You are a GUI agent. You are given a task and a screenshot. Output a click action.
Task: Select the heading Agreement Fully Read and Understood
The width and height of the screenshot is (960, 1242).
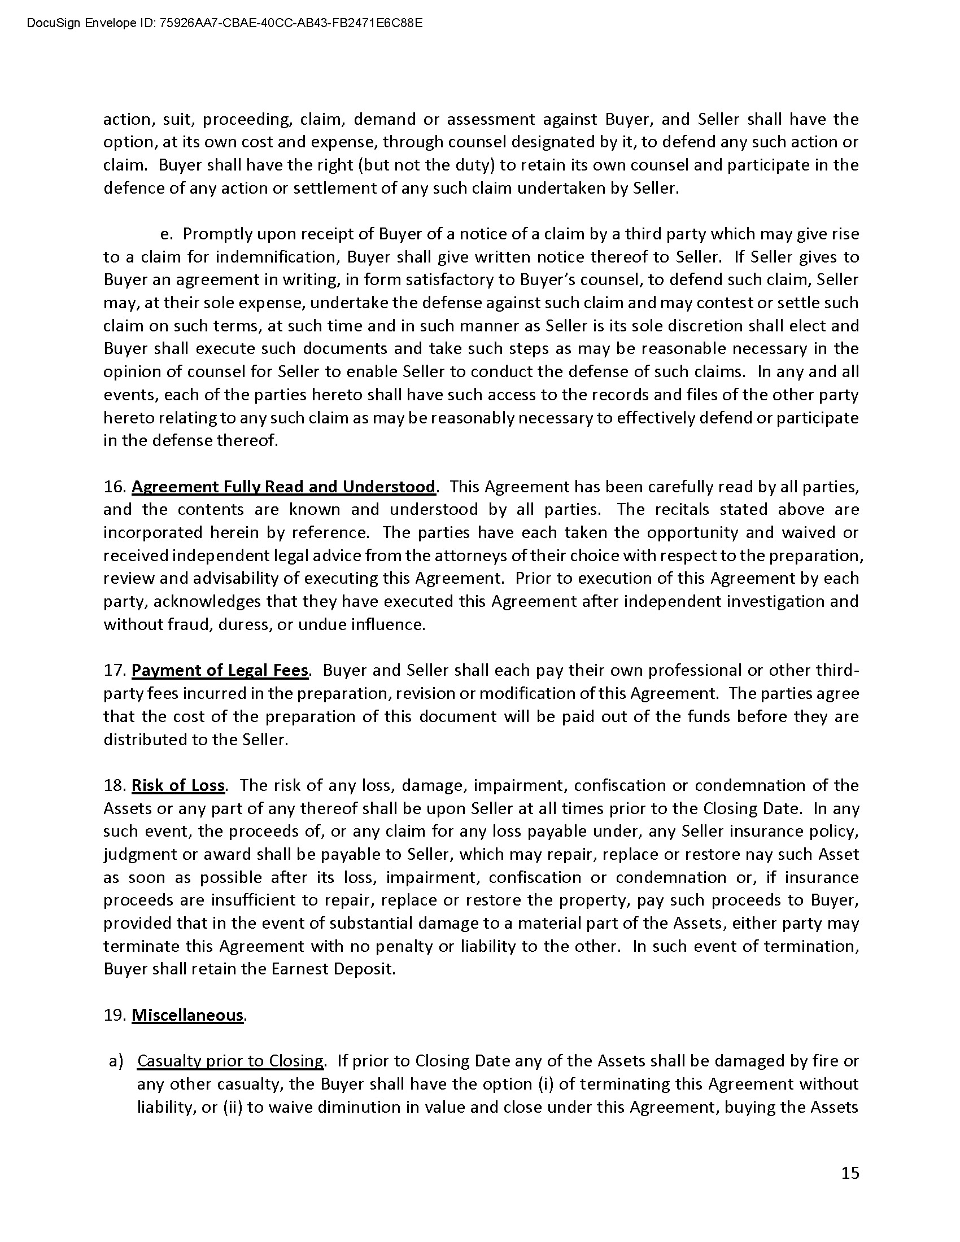[x=283, y=487]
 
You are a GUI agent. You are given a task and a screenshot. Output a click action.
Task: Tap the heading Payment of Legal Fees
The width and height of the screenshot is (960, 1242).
[x=220, y=671]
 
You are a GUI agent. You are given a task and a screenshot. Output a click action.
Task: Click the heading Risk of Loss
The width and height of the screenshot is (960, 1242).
[x=178, y=785]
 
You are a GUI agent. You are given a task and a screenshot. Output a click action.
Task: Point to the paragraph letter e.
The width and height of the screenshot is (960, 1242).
[x=166, y=234]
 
